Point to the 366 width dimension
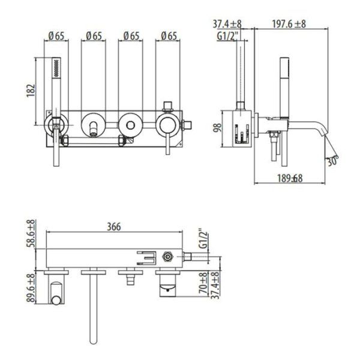click(x=114, y=226)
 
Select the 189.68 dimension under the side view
click(x=289, y=178)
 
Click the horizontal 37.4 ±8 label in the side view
click(x=227, y=24)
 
